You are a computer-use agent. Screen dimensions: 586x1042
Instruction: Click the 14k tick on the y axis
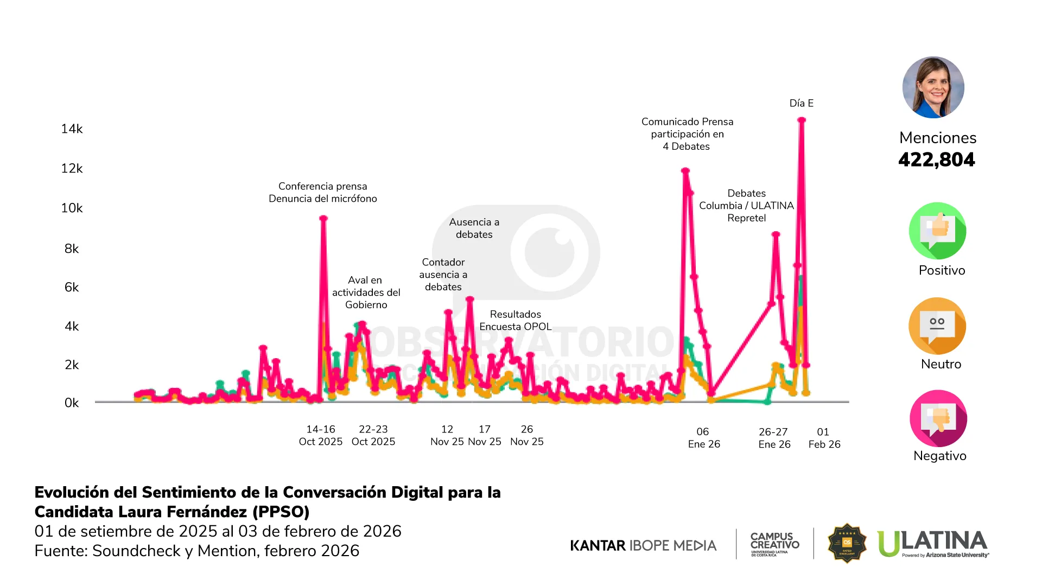(x=72, y=129)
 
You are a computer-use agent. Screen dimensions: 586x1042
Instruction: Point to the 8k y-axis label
(x=72, y=249)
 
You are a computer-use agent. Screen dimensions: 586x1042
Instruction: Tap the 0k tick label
(x=72, y=403)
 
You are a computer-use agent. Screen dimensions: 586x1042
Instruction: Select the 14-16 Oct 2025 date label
(x=321, y=435)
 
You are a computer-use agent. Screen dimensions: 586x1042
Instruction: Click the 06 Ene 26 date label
(x=704, y=438)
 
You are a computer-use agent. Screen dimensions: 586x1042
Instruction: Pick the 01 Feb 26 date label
(x=824, y=438)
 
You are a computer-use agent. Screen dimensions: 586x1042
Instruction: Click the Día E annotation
(x=801, y=103)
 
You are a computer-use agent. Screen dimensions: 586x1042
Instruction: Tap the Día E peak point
(x=802, y=120)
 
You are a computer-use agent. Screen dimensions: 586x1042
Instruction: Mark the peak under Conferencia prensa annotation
(x=323, y=218)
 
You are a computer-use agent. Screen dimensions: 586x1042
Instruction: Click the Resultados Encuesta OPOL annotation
(x=515, y=320)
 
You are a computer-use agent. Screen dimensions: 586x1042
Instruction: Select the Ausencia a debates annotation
(x=474, y=228)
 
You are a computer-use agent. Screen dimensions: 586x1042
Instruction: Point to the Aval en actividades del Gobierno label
(x=366, y=292)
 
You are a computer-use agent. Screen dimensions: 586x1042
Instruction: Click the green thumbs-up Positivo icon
(x=937, y=231)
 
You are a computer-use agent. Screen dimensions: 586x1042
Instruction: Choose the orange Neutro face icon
(x=937, y=326)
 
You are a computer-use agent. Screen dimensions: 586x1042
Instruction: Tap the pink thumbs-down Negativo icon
(x=938, y=418)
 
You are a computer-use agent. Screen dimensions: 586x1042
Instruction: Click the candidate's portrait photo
(x=933, y=87)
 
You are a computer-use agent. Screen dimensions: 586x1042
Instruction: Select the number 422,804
(x=937, y=160)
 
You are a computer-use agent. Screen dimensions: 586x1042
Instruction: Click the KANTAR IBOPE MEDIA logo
(x=643, y=545)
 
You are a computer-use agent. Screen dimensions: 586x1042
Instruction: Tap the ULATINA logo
(x=933, y=543)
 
